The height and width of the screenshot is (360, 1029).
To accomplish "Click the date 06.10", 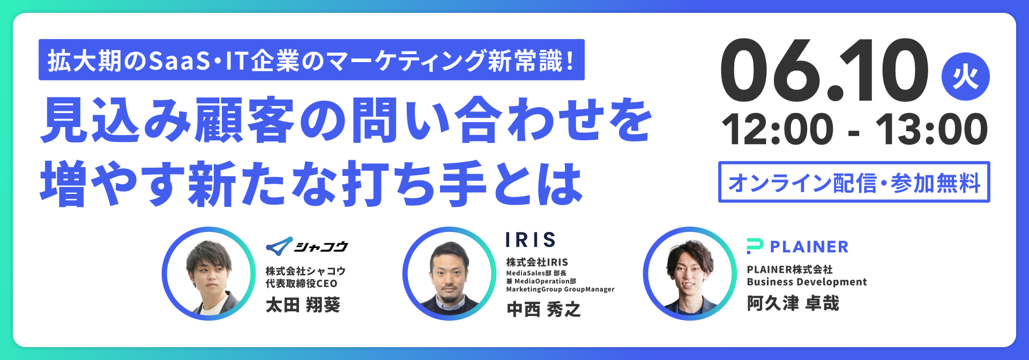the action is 825,70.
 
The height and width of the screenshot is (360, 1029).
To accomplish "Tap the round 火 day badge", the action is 966,77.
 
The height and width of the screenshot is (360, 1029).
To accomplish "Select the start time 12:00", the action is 778,129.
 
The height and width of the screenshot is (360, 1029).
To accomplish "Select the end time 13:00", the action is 931,129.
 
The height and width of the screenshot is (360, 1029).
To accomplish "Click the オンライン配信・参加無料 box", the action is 854,182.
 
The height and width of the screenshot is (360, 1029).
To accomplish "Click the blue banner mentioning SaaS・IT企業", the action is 311,60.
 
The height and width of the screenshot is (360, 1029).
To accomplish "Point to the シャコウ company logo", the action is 307,246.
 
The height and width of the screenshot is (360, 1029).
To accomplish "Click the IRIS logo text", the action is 531,240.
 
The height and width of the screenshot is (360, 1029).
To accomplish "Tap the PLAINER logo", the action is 797,246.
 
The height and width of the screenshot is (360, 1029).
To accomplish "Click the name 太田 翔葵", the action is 303,305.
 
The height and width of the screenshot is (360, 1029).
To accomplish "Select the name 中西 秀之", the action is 543,309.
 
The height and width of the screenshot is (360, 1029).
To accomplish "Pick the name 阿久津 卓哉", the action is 793,303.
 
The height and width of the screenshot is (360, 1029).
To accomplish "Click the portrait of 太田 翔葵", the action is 209,274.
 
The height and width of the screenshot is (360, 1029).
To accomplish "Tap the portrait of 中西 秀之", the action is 450,274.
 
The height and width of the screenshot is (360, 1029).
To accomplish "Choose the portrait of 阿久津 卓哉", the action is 690,274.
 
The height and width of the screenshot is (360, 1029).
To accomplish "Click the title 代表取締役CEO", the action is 302,283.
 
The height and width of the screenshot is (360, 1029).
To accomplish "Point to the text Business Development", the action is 807,282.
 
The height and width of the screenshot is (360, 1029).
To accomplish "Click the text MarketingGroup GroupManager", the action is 560,289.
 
